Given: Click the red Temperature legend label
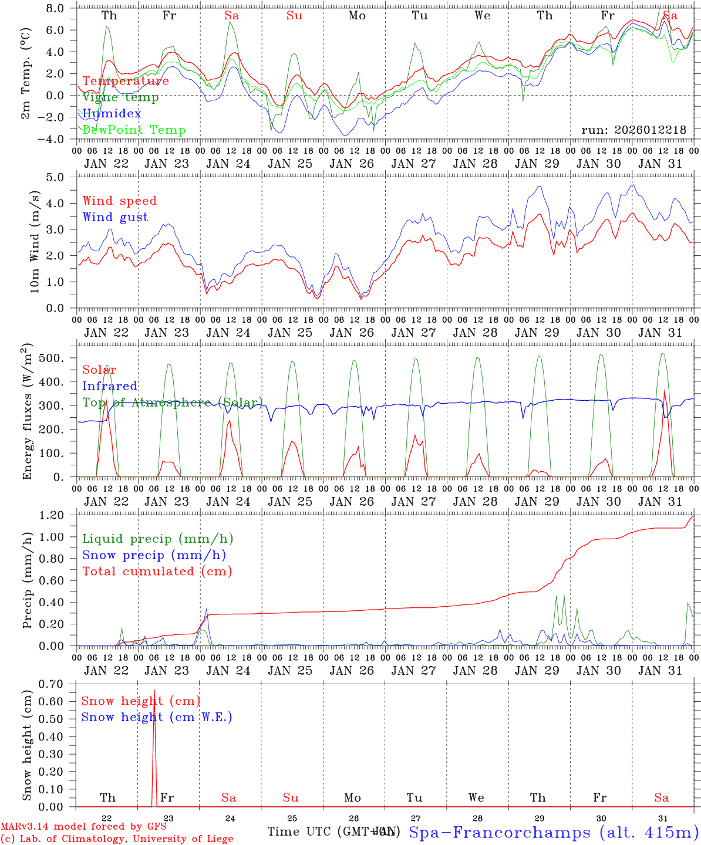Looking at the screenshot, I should pyautogui.click(x=126, y=81).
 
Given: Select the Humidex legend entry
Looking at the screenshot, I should pyautogui.click(x=112, y=114).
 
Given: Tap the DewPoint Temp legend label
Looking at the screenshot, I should pyautogui.click(x=134, y=130).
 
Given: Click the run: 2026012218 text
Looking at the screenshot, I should pyautogui.click(x=633, y=130).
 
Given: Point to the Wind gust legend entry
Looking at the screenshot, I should pyautogui.click(x=115, y=217).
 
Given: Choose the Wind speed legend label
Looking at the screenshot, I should pyautogui.click(x=120, y=201).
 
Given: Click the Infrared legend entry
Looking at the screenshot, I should pyautogui.click(x=110, y=386).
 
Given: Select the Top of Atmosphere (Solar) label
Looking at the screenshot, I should pyautogui.click(x=172, y=403).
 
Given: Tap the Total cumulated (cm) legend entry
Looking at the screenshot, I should pyautogui.click(x=157, y=571).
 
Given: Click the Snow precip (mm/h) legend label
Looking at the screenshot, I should pyautogui.click(x=154, y=555).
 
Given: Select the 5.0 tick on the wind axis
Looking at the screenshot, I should pyautogui.click(x=58, y=177).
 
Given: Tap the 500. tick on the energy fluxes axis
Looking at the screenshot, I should pyautogui.click(x=57, y=358).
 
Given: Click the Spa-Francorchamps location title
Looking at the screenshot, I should pyautogui.click(x=553, y=832).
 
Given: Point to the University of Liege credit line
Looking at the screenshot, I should pyautogui.click(x=117, y=839).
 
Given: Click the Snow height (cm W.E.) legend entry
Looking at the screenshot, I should pyautogui.click(x=157, y=717).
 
